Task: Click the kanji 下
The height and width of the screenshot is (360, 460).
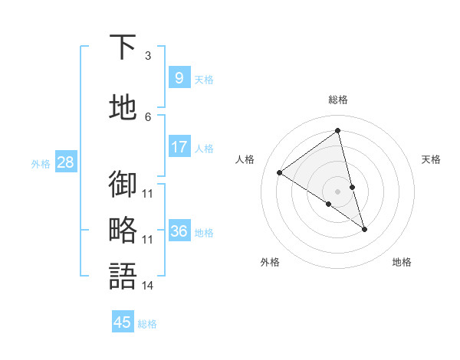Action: point(123,47)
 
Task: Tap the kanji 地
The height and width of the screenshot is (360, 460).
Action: point(123,107)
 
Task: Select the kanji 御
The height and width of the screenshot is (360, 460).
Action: point(123,184)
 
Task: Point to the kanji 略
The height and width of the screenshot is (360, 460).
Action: point(123,230)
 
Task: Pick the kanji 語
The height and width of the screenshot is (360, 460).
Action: point(123,276)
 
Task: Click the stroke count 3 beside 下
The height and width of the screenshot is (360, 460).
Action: point(147,56)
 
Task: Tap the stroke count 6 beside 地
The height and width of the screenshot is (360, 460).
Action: point(147,116)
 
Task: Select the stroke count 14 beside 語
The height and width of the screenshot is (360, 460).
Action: point(147,286)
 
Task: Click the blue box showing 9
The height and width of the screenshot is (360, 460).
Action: point(179,78)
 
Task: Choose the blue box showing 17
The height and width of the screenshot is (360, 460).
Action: point(179,147)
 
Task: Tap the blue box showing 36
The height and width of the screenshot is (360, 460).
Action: point(179,231)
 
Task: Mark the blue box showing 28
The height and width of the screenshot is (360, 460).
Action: point(64,162)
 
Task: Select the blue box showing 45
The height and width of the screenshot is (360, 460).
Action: point(123,322)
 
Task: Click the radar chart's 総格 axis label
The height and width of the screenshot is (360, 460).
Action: point(338,100)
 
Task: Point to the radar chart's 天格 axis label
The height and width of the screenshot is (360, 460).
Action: point(431,159)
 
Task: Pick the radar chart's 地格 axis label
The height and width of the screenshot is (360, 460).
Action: point(402,262)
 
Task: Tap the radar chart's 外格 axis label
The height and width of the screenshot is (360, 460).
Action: point(270,262)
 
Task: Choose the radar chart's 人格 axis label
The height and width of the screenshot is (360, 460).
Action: point(245,159)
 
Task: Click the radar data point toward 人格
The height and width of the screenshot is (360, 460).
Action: point(280,172)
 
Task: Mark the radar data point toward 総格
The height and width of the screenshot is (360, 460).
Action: point(338,131)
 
